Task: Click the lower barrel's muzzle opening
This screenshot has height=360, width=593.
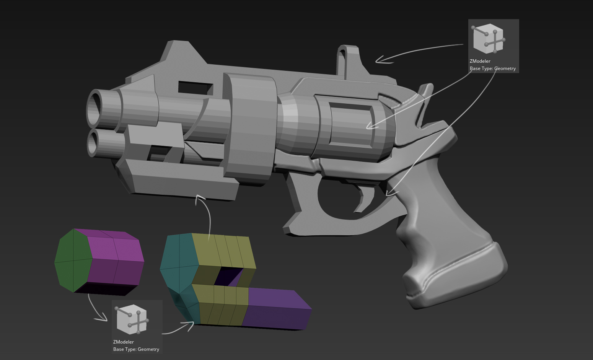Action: [93, 143]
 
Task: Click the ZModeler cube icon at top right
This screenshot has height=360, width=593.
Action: [489, 39]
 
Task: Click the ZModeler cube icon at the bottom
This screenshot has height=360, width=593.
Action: [132, 319]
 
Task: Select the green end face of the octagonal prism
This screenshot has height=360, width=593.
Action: [73, 261]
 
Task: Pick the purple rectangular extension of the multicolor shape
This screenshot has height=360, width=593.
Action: [277, 308]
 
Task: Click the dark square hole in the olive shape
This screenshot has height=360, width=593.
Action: [228, 277]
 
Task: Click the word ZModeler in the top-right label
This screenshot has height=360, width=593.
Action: [480, 61]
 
